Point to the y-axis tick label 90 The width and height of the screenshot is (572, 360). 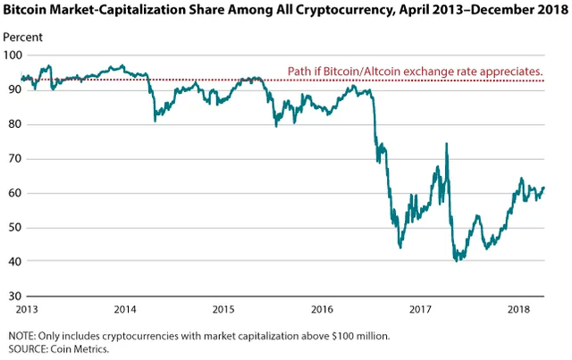(x=13, y=89)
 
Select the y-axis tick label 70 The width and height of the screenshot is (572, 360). (x=13, y=159)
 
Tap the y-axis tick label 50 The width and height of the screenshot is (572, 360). (x=13, y=228)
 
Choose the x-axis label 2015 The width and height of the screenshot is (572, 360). (x=223, y=310)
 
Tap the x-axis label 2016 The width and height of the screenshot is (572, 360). (x=324, y=310)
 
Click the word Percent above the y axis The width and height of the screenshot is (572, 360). (x=21, y=38)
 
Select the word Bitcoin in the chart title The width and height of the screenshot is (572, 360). (x=26, y=12)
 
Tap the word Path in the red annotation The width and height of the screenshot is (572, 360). (x=299, y=71)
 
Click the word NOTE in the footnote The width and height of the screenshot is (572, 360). (x=20, y=335)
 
